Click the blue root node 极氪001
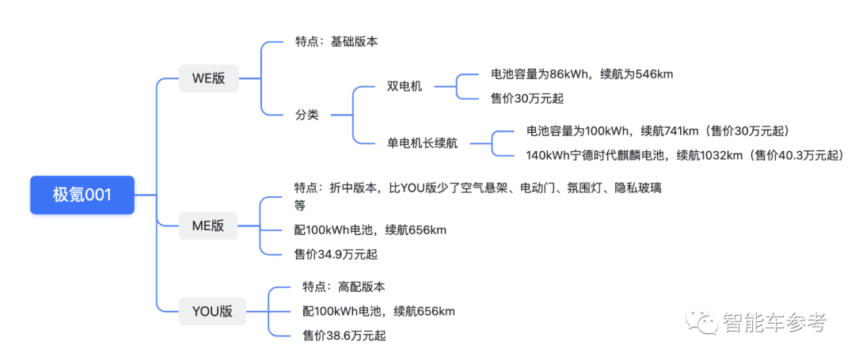pos(82,195)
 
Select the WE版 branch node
pos(209,78)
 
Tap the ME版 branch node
pos(208,225)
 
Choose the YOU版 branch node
pos(212,311)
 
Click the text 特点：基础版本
pos(336,41)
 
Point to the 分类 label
pos(306,114)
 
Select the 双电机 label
pos(405,85)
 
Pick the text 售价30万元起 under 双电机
pos(528,98)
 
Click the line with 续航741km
pos(657,131)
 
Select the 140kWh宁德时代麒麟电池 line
pos(685,155)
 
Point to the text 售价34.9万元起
pos(336,254)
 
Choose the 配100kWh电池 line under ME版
pos(370,230)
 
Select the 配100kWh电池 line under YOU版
pos(378,311)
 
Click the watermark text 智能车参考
pos(774,323)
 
